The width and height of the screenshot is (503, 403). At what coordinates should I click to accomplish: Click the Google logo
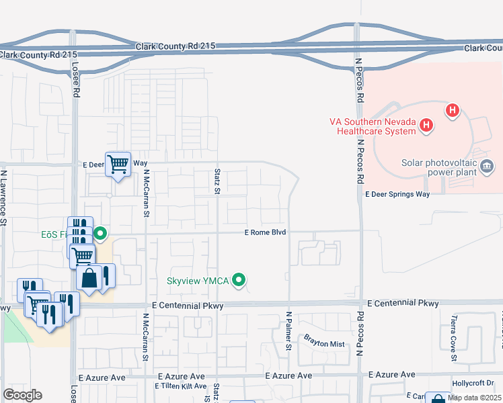(x=22, y=395)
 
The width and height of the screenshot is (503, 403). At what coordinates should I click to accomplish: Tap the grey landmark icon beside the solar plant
(x=488, y=165)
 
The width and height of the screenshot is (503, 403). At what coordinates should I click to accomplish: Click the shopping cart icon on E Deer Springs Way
(x=118, y=163)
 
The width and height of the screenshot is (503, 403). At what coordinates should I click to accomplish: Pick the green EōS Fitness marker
(x=100, y=234)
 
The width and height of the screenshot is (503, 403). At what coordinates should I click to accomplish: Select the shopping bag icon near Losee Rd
(x=89, y=277)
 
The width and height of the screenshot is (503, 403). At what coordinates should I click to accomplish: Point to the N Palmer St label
(x=288, y=330)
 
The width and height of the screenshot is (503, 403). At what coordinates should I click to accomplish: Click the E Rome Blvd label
(x=265, y=232)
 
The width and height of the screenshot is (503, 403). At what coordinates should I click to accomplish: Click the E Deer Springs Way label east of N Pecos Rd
(x=397, y=194)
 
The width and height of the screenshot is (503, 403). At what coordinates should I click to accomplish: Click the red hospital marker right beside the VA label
(x=426, y=124)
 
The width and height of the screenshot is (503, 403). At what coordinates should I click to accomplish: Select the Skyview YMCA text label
(x=198, y=281)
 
